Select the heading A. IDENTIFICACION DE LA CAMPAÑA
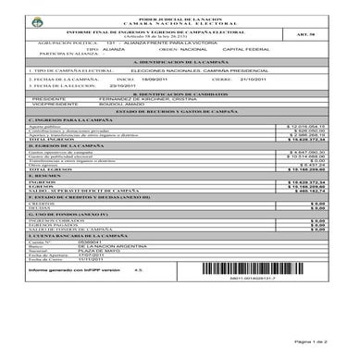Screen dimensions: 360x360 coord(180,60)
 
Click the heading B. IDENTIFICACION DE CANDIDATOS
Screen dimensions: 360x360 coord(180,93)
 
